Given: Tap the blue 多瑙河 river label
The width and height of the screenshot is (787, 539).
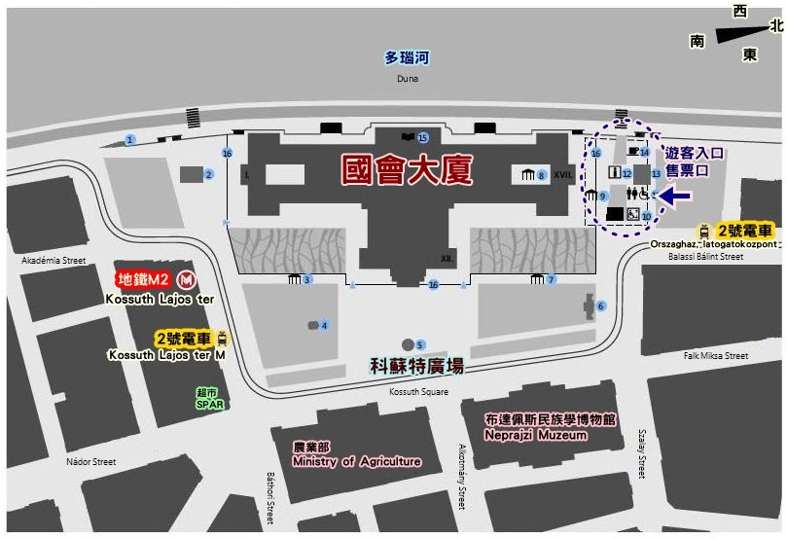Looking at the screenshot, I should [407, 58].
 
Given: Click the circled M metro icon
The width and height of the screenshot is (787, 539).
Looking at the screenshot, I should [185, 280].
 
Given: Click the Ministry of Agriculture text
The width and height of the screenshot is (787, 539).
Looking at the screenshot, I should [356, 461].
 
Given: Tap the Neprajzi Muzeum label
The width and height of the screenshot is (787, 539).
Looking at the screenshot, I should [536, 435].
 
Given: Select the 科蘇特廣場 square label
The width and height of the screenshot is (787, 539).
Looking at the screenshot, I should [417, 366].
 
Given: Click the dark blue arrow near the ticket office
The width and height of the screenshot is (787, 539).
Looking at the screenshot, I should [677, 197].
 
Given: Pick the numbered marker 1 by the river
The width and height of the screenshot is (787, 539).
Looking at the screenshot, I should [129, 140].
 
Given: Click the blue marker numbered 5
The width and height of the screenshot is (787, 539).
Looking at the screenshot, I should [420, 344].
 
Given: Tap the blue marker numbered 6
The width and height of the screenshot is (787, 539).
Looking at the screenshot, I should [600, 306].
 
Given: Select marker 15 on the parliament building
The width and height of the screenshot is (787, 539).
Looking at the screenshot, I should [422, 138].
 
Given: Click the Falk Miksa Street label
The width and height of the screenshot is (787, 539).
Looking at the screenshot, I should [718, 357].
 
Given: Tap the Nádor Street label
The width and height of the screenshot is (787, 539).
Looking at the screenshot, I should [91, 461].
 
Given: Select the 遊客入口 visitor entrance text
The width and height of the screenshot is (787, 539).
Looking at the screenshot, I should [696, 153].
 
